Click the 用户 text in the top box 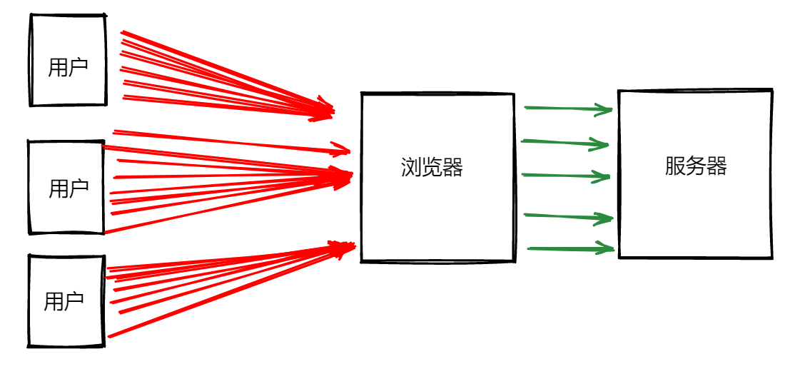tap(68, 68)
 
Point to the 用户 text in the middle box tap(69, 189)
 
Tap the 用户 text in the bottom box tap(64, 301)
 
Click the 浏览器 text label tap(432, 168)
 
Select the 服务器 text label tap(696, 166)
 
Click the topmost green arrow tap(567, 108)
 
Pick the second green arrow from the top tap(564, 143)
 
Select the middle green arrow tap(565, 175)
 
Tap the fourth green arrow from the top tap(567, 216)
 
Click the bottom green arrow tap(569, 249)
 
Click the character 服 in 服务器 tap(675, 166)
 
